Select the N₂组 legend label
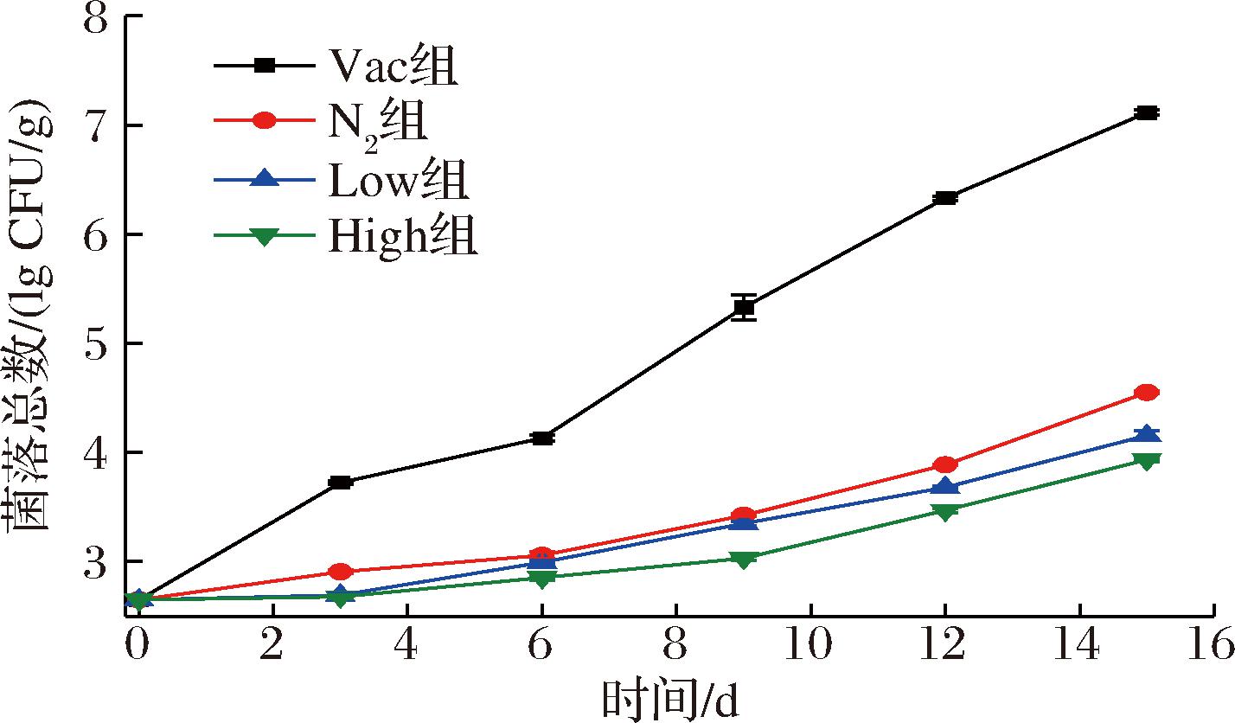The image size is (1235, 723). click(x=377, y=122)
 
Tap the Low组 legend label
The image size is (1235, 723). click(x=399, y=179)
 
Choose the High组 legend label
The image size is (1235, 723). click(x=402, y=235)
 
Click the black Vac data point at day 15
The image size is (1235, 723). click(x=1147, y=112)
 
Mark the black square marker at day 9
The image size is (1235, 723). click(x=743, y=307)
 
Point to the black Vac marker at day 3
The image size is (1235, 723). click(x=340, y=482)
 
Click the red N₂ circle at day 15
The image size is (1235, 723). click(x=1147, y=393)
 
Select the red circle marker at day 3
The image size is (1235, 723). click(x=340, y=572)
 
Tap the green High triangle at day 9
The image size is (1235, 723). click(x=743, y=560)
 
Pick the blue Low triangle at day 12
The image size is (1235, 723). click(x=945, y=488)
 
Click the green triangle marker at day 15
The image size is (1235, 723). click(x=1147, y=461)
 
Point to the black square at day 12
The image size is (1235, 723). click(x=945, y=198)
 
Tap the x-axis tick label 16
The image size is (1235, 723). click(x=1213, y=644)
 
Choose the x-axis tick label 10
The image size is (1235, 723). click(x=810, y=644)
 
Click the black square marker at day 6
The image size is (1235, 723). click(x=541, y=438)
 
